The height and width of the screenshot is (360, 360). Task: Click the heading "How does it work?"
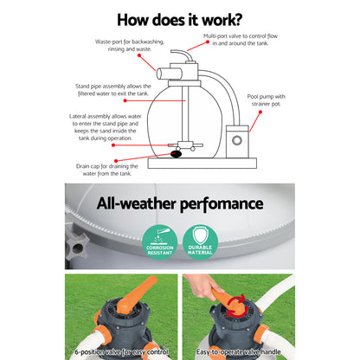179,19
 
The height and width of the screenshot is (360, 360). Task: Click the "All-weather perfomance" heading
179,204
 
